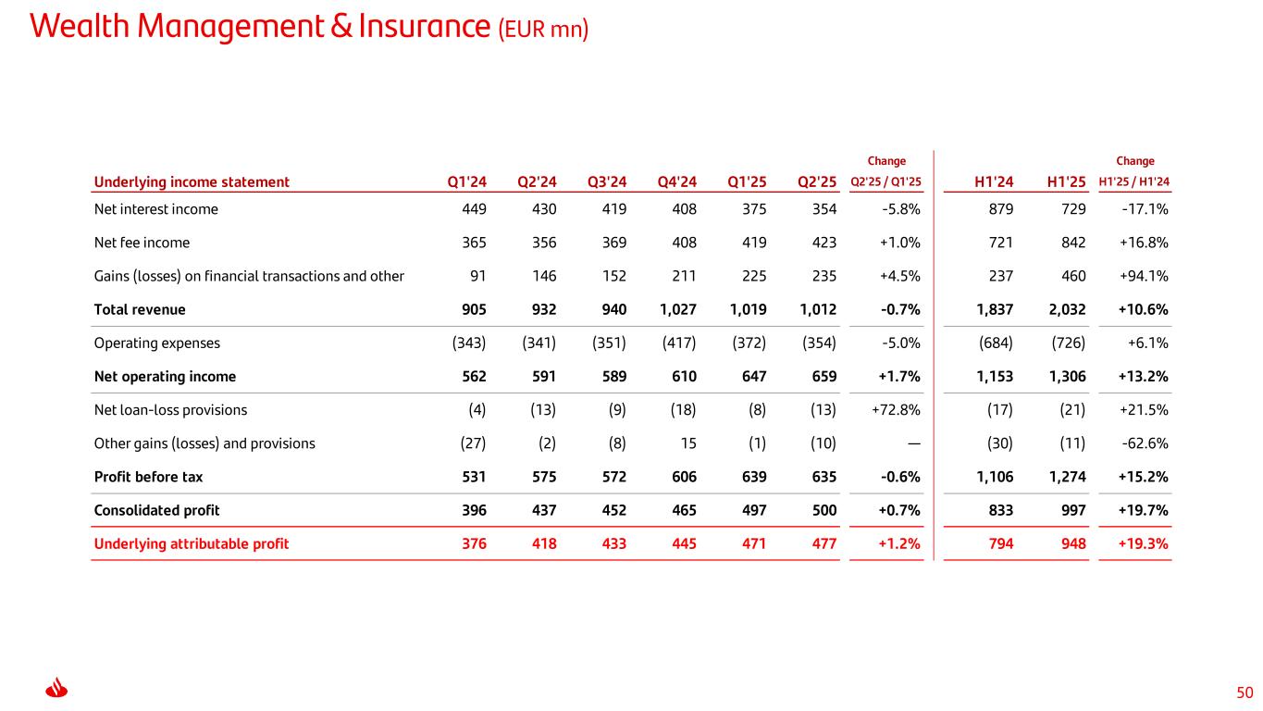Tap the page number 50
(1244, 692)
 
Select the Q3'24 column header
(607, 182)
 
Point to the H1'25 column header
(1066, 182)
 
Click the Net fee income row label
(142, 243)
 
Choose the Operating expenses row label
(157, 343)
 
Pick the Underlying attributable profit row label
(192, 543)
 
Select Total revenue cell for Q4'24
(676, 309)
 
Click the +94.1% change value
(1144, 276)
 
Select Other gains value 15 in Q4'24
(687, 443)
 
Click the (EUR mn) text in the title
(543, 31)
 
